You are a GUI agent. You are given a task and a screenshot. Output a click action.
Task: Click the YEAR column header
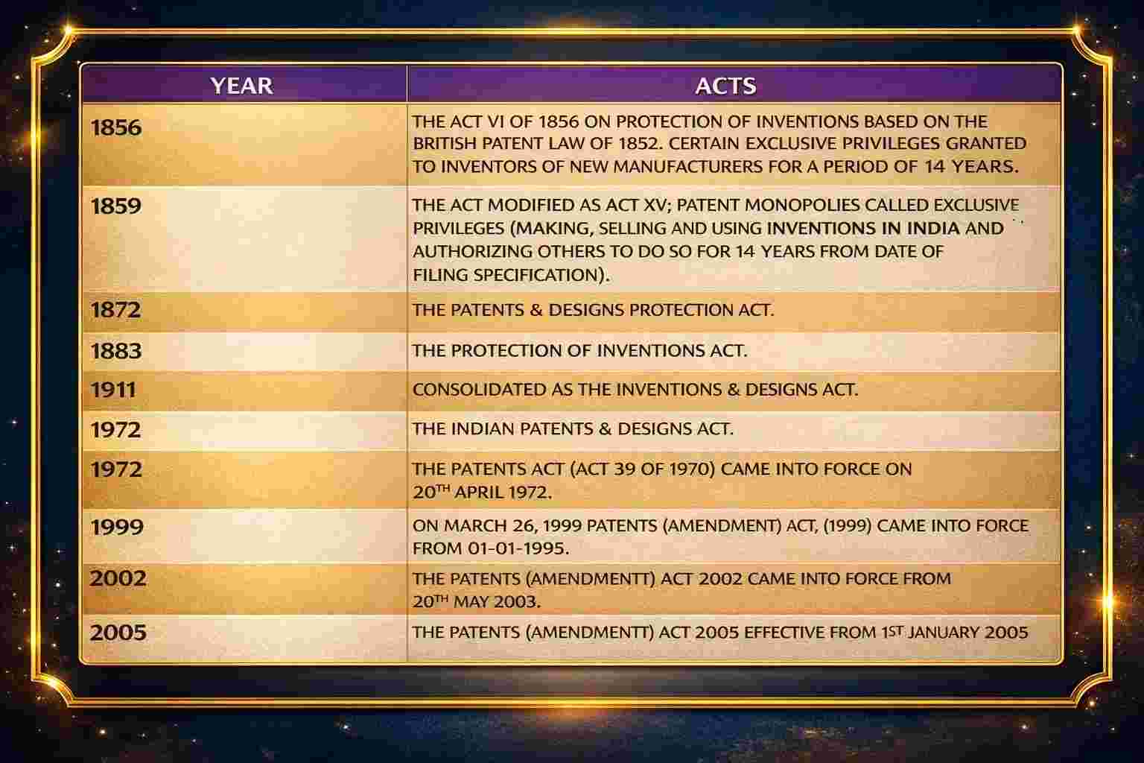point(241,85)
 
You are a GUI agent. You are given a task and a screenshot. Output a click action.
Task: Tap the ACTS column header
point(725,85)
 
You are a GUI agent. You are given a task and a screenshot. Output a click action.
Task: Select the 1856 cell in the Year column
point(115,127)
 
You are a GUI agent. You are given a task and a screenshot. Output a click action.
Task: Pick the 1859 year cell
point(115,206)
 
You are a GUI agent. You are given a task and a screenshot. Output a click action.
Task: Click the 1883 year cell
point(115,350)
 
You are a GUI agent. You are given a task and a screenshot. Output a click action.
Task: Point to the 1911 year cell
point(112,390)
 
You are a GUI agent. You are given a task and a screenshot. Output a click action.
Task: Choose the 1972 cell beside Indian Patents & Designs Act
point(115,430)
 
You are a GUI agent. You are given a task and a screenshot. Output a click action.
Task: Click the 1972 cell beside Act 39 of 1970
point(115,469)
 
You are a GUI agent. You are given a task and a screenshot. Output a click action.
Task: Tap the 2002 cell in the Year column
point(118,578)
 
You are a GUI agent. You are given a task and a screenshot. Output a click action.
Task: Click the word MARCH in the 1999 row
point(473,525)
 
